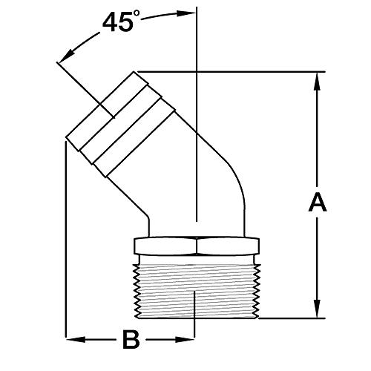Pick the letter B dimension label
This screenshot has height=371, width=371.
coord(131,342)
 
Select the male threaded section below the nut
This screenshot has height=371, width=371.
coord(196,289)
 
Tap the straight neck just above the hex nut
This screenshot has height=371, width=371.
coord(196,226)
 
